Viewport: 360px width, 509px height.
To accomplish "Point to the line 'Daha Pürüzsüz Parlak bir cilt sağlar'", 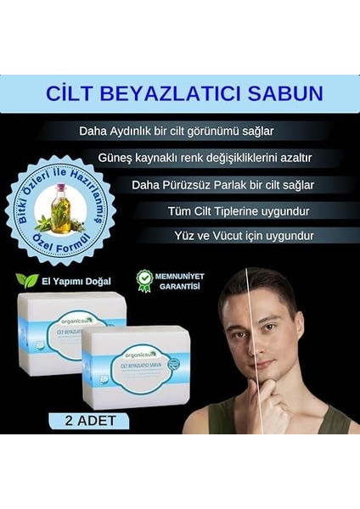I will pyautogui.click(x=222, y=184).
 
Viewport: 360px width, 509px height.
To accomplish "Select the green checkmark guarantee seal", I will pyautogui.click(x=145, y=280).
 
